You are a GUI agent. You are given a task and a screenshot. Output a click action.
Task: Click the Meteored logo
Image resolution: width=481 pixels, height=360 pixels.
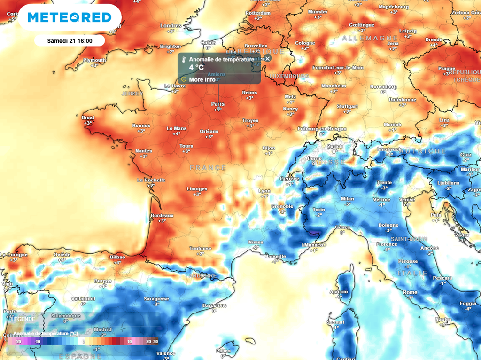[x=70, y=17]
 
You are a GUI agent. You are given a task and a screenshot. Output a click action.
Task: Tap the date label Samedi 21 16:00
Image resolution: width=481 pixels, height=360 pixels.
[x=70, y=41]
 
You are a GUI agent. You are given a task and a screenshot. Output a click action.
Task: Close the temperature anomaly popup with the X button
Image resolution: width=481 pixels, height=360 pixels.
[x=267, y=58]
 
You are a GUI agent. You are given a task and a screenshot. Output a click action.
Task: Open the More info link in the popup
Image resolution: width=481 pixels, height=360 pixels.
[x=202, y=79]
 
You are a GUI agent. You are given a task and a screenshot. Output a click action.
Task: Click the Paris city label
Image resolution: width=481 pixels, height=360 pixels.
[x=218, y=104]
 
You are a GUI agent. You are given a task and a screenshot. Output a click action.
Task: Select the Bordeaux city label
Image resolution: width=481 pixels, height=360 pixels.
[x=162, y=216]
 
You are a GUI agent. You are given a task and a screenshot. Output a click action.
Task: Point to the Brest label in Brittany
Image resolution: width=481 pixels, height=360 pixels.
[x=88, y=117]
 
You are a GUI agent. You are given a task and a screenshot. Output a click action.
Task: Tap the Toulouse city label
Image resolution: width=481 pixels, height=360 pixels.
[x=200, y=248]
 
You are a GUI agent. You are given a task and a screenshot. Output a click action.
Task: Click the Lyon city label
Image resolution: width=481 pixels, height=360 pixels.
[x=265, y=191]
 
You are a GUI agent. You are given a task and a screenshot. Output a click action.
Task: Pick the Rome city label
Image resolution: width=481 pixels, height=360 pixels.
[x=410, y=292]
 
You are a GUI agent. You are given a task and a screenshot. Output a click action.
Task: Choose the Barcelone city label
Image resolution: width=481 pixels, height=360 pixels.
[x=214, y=305]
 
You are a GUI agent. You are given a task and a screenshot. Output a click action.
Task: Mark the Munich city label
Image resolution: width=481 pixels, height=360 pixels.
[x=392, y=125]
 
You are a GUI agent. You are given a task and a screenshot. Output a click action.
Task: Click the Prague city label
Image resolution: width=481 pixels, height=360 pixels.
[x=447, y=69]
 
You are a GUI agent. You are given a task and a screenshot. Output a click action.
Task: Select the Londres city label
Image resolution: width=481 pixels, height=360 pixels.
[x=171, y=26]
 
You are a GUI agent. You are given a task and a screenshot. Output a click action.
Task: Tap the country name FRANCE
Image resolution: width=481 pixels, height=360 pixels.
[x=208, y=168]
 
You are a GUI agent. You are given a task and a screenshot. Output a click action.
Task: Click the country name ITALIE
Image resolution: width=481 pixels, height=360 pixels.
[x=412, y=273]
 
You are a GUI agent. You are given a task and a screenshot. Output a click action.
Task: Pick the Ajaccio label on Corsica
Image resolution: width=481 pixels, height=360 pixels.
[x=338, y=292]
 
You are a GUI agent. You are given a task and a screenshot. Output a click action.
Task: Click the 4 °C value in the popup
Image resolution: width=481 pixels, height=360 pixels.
[x=197, y=68]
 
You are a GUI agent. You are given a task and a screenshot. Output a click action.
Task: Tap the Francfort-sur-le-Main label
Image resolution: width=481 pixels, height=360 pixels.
[x=338, y=68]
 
